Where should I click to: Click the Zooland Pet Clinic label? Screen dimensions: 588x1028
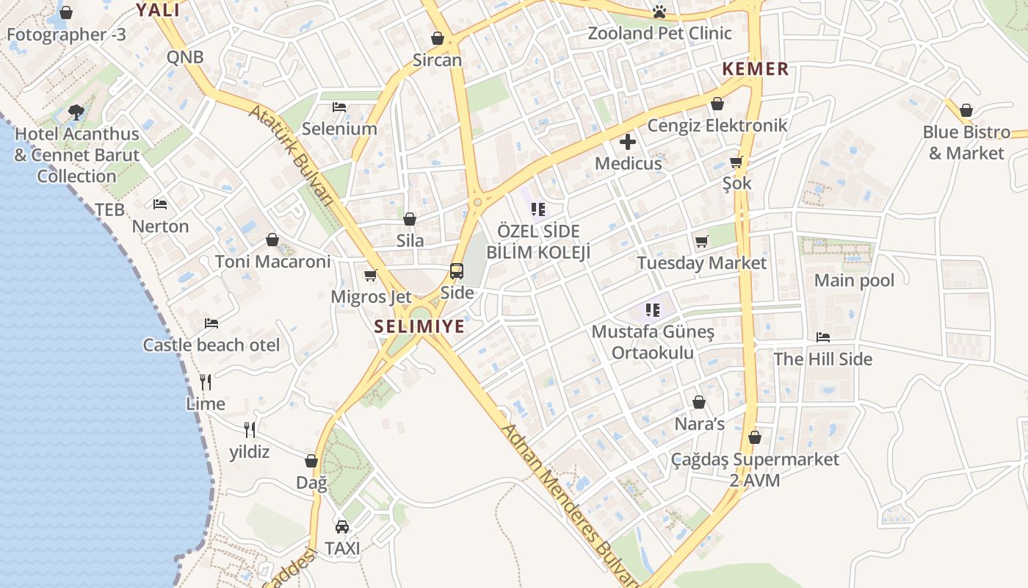[659, 33]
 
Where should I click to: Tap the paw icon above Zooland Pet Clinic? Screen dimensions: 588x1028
[659, 12]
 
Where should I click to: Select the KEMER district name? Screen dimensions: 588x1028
[755, 69]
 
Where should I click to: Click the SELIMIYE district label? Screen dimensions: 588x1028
[419, 326]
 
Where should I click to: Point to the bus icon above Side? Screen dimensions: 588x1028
[457, 271]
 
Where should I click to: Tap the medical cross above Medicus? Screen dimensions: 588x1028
[628, 142]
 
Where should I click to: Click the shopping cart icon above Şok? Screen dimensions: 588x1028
[736, 162]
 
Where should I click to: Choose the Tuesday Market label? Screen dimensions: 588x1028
[701, 263]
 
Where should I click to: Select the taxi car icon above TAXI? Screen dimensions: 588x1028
[342, 527]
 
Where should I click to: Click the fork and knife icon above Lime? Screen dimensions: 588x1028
[206, 382]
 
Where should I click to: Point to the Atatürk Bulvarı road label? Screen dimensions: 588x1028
[292, 154]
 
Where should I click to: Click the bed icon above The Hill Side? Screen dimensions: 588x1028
[823, 337]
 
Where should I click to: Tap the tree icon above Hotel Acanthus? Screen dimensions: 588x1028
[76, 112]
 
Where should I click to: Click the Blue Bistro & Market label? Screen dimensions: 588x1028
[966, 143]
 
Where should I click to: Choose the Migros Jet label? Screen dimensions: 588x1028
[371, 297]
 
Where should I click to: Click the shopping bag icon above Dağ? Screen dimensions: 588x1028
[311, 462]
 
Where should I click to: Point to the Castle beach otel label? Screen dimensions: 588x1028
[211, 345]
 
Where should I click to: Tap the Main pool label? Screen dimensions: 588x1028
[854, 280]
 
